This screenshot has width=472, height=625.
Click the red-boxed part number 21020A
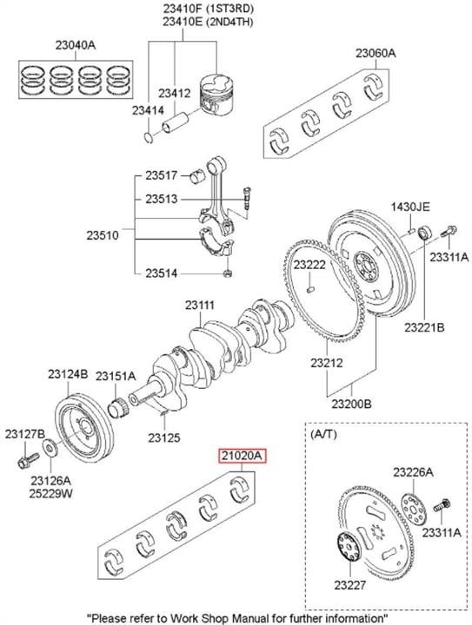(242, 456)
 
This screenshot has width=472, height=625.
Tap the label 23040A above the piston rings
(76, 45)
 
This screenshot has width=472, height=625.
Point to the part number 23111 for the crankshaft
(200, 305)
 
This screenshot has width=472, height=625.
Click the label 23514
(161, 273)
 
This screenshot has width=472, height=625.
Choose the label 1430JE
(410, 207)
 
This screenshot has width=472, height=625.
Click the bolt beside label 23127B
(28, 460)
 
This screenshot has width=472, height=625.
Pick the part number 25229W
(50, 493)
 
